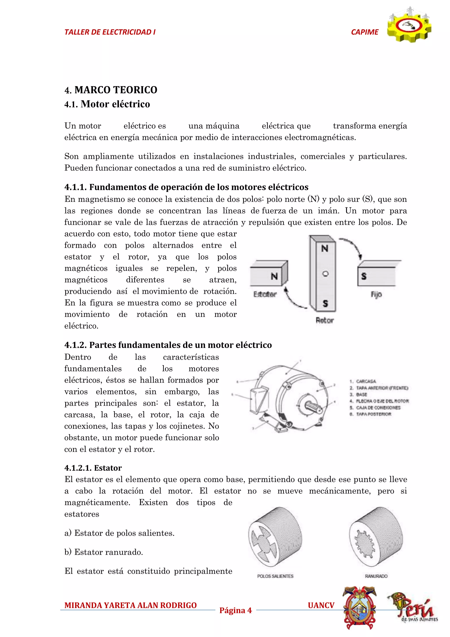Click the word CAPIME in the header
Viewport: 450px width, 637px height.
364,32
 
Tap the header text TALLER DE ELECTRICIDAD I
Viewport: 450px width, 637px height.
110,32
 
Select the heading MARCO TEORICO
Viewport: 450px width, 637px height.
116,90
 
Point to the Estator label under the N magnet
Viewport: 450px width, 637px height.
265,294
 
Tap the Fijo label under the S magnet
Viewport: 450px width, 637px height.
376,294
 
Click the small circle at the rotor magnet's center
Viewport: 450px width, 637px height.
325,274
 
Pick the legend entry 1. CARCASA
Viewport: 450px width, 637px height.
363,381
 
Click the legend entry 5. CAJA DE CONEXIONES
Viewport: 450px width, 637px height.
375,408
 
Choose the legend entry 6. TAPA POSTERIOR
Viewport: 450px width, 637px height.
370,414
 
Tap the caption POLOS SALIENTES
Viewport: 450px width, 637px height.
275,576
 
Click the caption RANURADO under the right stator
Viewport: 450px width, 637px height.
376,576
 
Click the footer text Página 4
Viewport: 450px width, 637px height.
235,610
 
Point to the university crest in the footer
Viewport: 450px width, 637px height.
359,608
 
